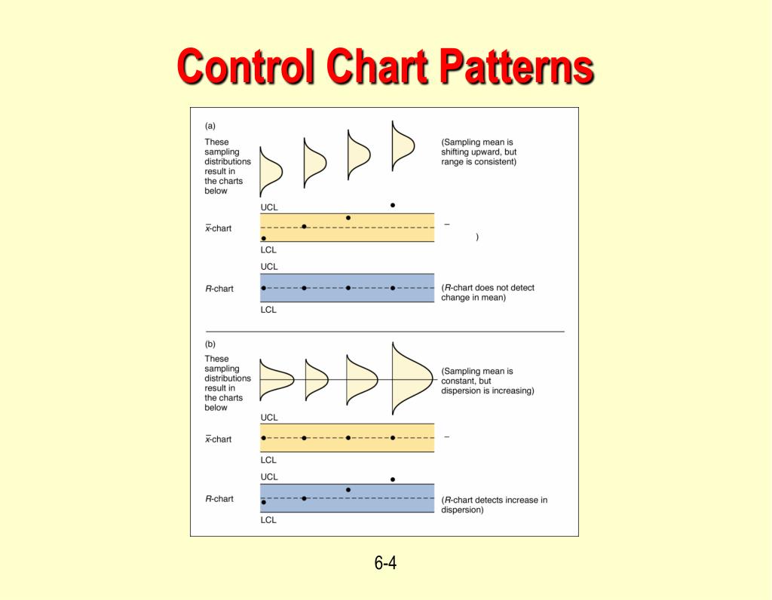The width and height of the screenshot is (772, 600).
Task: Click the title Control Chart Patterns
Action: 385,66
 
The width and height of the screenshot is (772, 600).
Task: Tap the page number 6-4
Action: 385,563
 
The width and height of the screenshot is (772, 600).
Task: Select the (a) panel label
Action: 210,126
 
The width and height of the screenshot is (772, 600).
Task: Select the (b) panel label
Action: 210,344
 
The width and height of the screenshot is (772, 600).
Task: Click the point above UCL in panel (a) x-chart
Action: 393,205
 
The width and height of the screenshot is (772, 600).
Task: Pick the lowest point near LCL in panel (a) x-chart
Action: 263,238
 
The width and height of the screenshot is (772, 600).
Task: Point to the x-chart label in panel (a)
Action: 219,228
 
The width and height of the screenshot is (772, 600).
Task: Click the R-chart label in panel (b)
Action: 219,499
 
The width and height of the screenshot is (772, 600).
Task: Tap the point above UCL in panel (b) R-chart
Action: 393,479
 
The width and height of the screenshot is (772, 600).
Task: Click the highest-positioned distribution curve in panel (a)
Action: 402,145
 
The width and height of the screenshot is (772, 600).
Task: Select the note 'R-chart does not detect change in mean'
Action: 488,292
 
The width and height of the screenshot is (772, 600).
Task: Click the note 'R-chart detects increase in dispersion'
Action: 494,504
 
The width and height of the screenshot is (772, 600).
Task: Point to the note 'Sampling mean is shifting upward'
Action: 479,152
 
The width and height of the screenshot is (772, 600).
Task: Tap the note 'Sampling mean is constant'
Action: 487,381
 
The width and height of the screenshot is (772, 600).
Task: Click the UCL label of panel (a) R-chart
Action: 269,267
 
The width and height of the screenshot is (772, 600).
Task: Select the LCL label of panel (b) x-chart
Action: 269,460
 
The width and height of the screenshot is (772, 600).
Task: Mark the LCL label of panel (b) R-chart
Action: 269,520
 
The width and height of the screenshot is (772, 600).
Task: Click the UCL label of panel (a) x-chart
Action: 269,207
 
